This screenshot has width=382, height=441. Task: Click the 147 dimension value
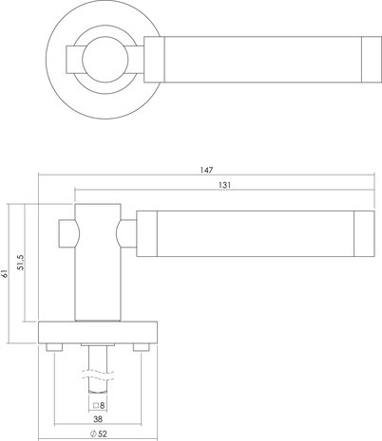[206, 170]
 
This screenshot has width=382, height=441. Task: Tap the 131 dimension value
[224, 185]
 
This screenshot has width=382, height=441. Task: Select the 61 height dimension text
[4, 274]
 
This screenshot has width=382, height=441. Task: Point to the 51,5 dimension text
[21, 262]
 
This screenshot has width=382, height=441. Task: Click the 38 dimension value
[98, 419]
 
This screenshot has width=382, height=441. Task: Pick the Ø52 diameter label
[99, 434]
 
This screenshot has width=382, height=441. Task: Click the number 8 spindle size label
[102, 405]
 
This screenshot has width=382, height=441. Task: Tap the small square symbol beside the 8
[96, 405]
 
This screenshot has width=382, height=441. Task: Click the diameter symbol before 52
[93, 434]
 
